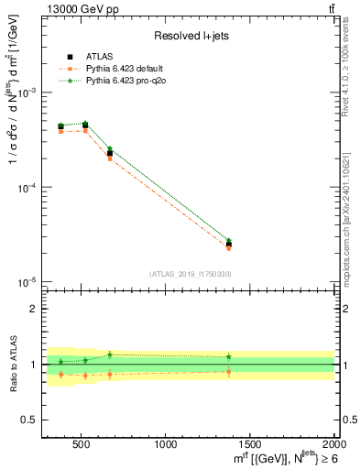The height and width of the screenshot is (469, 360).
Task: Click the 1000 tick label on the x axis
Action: (166, 445)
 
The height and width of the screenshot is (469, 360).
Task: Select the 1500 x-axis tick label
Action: (250, 445)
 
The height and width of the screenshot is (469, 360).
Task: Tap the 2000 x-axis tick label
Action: (332, 445)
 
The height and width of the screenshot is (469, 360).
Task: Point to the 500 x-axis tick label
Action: (82, 445)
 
